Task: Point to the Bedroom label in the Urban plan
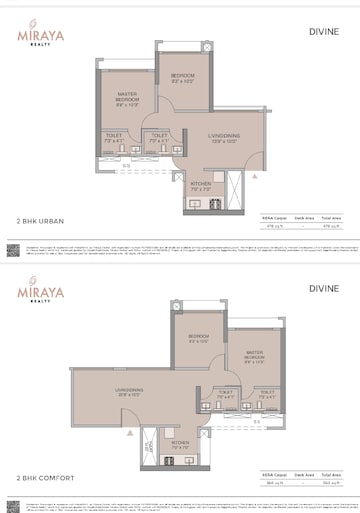(182, 77)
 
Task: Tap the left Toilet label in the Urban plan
(112, 139)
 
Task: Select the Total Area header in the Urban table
(334, 216)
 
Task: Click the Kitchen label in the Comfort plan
(180, 442)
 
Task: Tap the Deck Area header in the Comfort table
(304, 470)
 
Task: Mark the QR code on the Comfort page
(11, 500)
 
